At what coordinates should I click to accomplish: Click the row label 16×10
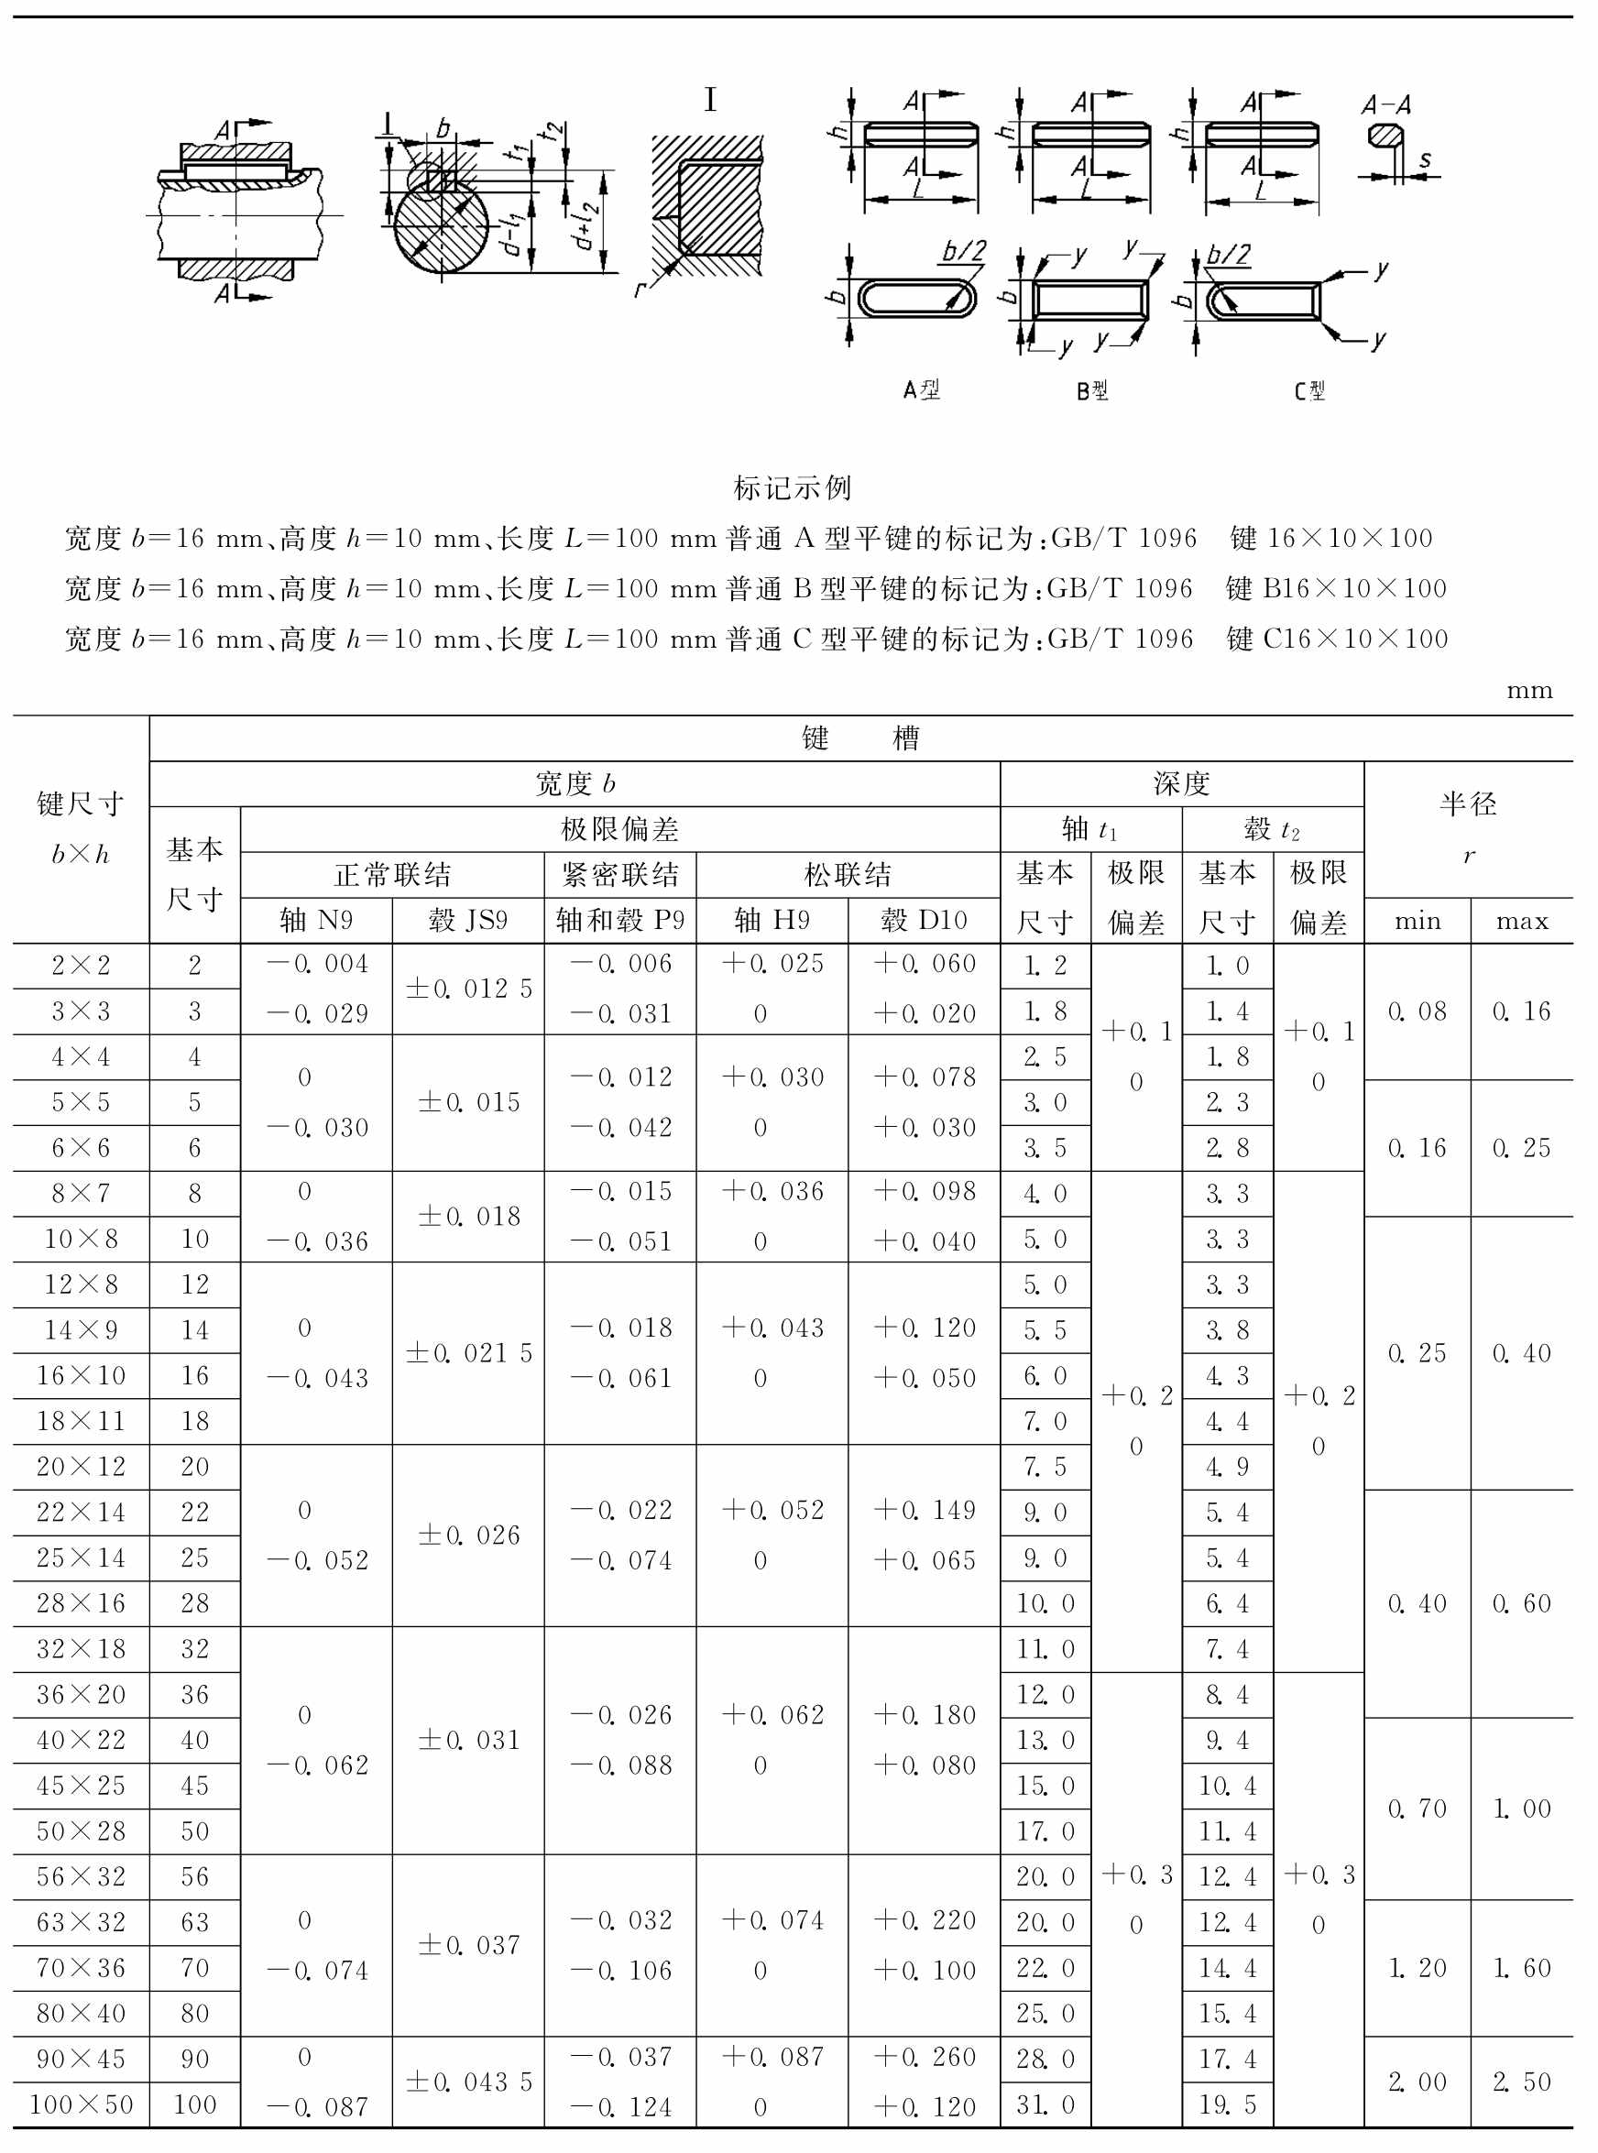pos(82,1375)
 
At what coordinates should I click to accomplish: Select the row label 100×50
pos(82,2104)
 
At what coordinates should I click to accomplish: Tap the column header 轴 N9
pos(316,920)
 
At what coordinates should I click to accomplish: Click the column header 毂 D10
pos(924,920)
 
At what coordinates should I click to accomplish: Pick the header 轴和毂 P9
pos(620,920)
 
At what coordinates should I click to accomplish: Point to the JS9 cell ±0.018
pos(469,1216)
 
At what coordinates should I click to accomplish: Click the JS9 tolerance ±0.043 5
pos(469,2082)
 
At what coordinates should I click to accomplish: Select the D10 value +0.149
pos(924,1510)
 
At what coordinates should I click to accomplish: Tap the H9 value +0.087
pos(772,2056)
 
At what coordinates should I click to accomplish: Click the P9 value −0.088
pos(620,1765)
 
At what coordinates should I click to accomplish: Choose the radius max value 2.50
pos(1522,2082)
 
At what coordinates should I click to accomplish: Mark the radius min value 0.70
pos(1417,1809)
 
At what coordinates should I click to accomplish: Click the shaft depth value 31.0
pos(1045,2104)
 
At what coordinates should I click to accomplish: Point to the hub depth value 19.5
pos(1228,2104)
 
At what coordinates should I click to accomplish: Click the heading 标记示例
pos(793,487)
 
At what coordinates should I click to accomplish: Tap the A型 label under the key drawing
pos(921,389)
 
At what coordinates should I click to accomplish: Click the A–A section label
pos(1385,104)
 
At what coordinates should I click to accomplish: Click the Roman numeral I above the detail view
pos(710,100)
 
